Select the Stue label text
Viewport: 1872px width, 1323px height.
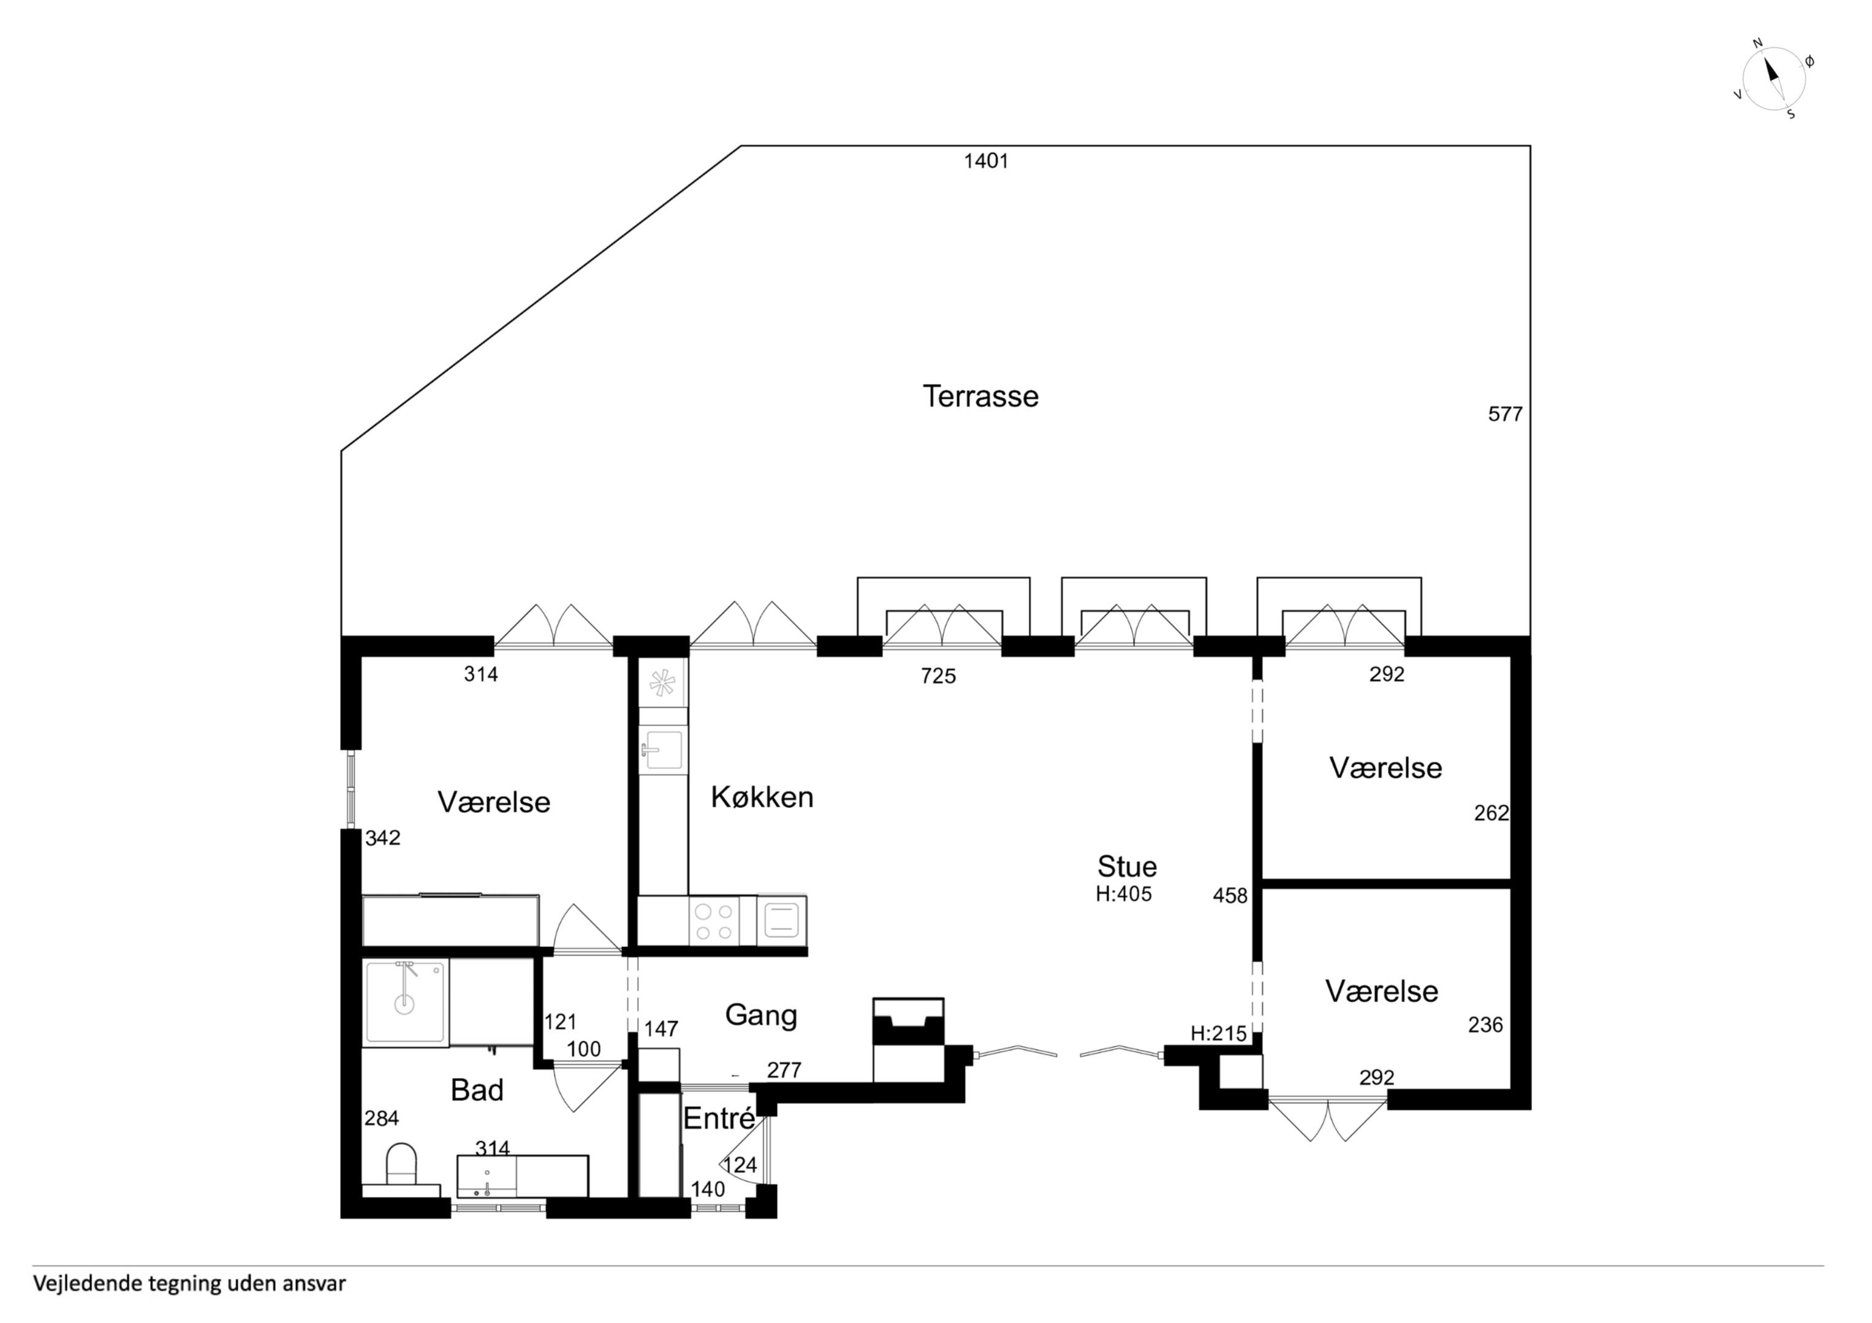tap(1127, 865)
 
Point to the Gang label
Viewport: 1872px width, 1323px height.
tap(760, 1016)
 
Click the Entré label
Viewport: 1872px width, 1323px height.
tap(718, 1118)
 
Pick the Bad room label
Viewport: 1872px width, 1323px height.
tap(477, 1090)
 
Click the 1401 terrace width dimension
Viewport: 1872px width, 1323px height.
tap(986, 162)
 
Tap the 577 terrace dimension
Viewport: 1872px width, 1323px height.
tap(1505, 414)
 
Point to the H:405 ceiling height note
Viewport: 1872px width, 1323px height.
tap(1124, 894)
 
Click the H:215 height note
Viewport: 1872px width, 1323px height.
tap(1218, 1034)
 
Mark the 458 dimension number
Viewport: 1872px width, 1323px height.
tap(1230, 896)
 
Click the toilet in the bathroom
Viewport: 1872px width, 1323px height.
tap(400, 1164)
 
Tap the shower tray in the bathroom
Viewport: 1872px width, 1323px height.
tap(405, 1002)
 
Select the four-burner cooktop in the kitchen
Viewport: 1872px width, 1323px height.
tap(713, 922)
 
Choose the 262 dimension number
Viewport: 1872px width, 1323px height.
tap(1491, 813)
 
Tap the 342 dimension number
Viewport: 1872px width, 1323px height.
tap(382, 838)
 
